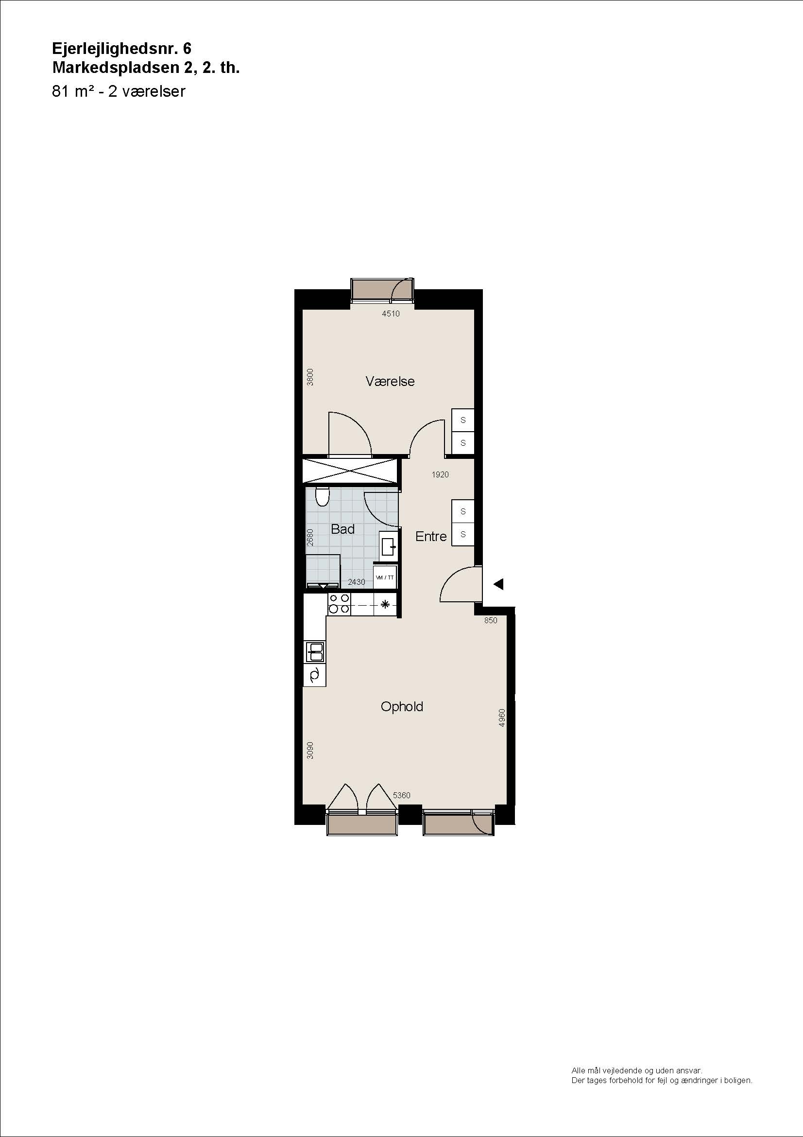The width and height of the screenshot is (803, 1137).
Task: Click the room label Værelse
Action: click(390, 381)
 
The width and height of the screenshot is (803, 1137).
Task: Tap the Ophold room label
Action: click(402, 706)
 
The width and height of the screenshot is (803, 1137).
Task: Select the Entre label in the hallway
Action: click(431, 536)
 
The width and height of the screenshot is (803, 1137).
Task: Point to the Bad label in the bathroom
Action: click(343, 529)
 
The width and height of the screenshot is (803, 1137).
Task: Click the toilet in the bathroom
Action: click(322, 497)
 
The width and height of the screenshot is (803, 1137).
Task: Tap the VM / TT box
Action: click(385, 577)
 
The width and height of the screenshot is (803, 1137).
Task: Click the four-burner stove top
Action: click(339, 604)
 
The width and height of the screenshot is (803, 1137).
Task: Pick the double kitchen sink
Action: click(315, 652)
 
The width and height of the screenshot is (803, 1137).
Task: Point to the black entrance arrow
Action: click(498, 584)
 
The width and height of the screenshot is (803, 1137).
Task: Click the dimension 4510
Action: click(391, 314)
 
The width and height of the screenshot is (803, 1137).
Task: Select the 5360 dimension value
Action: click(401, 795)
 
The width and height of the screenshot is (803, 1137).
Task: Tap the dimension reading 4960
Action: click(502, 717)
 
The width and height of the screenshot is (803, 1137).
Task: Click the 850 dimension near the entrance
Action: click(490, 620)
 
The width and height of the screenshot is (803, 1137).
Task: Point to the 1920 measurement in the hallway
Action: click(440, 474)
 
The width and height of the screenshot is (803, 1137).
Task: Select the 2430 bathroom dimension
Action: click(356, 582)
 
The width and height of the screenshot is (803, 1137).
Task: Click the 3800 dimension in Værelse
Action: click(310, 377)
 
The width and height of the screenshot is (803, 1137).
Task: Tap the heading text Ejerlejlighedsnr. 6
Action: click(122, 49)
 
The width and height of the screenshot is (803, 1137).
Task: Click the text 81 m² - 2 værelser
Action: click(119, 91)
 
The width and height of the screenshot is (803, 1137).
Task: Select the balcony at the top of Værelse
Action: click(382, 291)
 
